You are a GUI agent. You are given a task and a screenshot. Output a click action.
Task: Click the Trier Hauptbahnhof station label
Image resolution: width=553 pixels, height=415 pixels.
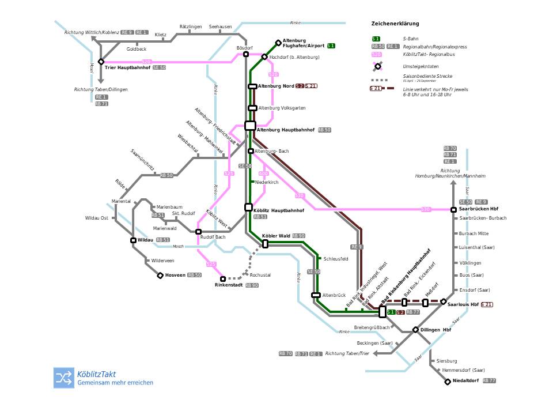(x=127, y=68)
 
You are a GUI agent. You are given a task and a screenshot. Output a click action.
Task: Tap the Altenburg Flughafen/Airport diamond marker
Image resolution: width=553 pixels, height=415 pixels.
(x=278, y=43)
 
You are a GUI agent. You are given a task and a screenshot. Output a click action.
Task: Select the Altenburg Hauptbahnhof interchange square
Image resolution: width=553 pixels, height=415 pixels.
(x=250, y=126)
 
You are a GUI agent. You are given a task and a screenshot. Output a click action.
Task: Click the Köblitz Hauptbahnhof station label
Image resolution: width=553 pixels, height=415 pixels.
(x=279, y=211)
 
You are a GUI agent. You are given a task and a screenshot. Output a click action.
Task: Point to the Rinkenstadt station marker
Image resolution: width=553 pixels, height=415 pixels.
(x=223, y=279)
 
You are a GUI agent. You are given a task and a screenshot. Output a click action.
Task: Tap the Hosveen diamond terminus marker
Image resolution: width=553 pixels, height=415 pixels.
(x=160, y=276)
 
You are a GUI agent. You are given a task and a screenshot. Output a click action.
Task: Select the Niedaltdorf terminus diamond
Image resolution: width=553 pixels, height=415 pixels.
(x=448, y=382)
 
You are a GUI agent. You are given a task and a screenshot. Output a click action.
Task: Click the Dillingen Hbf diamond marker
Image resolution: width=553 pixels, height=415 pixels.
(x=415, y=330)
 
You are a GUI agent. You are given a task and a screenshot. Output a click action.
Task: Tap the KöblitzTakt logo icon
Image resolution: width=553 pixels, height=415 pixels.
(x=64, y=378)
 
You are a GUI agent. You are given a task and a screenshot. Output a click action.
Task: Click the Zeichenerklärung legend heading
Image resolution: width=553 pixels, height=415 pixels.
(x=395, y=24)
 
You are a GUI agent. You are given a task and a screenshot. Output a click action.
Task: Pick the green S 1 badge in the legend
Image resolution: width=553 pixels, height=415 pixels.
(x=376, y=39)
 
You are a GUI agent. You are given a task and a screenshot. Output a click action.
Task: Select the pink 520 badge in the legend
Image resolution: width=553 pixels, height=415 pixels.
(x=377, y=54)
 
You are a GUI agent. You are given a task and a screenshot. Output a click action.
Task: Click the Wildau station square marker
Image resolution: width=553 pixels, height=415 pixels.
(x=133, y=240)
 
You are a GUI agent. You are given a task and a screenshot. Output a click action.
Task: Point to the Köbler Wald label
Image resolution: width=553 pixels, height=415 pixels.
(x=276, y=236)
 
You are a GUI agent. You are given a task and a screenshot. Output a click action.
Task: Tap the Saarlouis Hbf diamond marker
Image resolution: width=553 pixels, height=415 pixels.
(x=444, y=301)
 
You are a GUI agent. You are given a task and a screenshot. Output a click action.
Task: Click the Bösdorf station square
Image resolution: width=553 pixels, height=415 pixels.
(x=246, y=54)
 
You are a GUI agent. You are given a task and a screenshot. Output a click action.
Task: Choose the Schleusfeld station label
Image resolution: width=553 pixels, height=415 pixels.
(x=336, y=259)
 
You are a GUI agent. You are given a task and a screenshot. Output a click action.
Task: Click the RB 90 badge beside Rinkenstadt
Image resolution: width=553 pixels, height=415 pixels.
(x=252, y=285)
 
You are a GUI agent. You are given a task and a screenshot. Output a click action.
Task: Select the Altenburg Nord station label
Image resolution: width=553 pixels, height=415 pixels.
(x=276, y=86)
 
